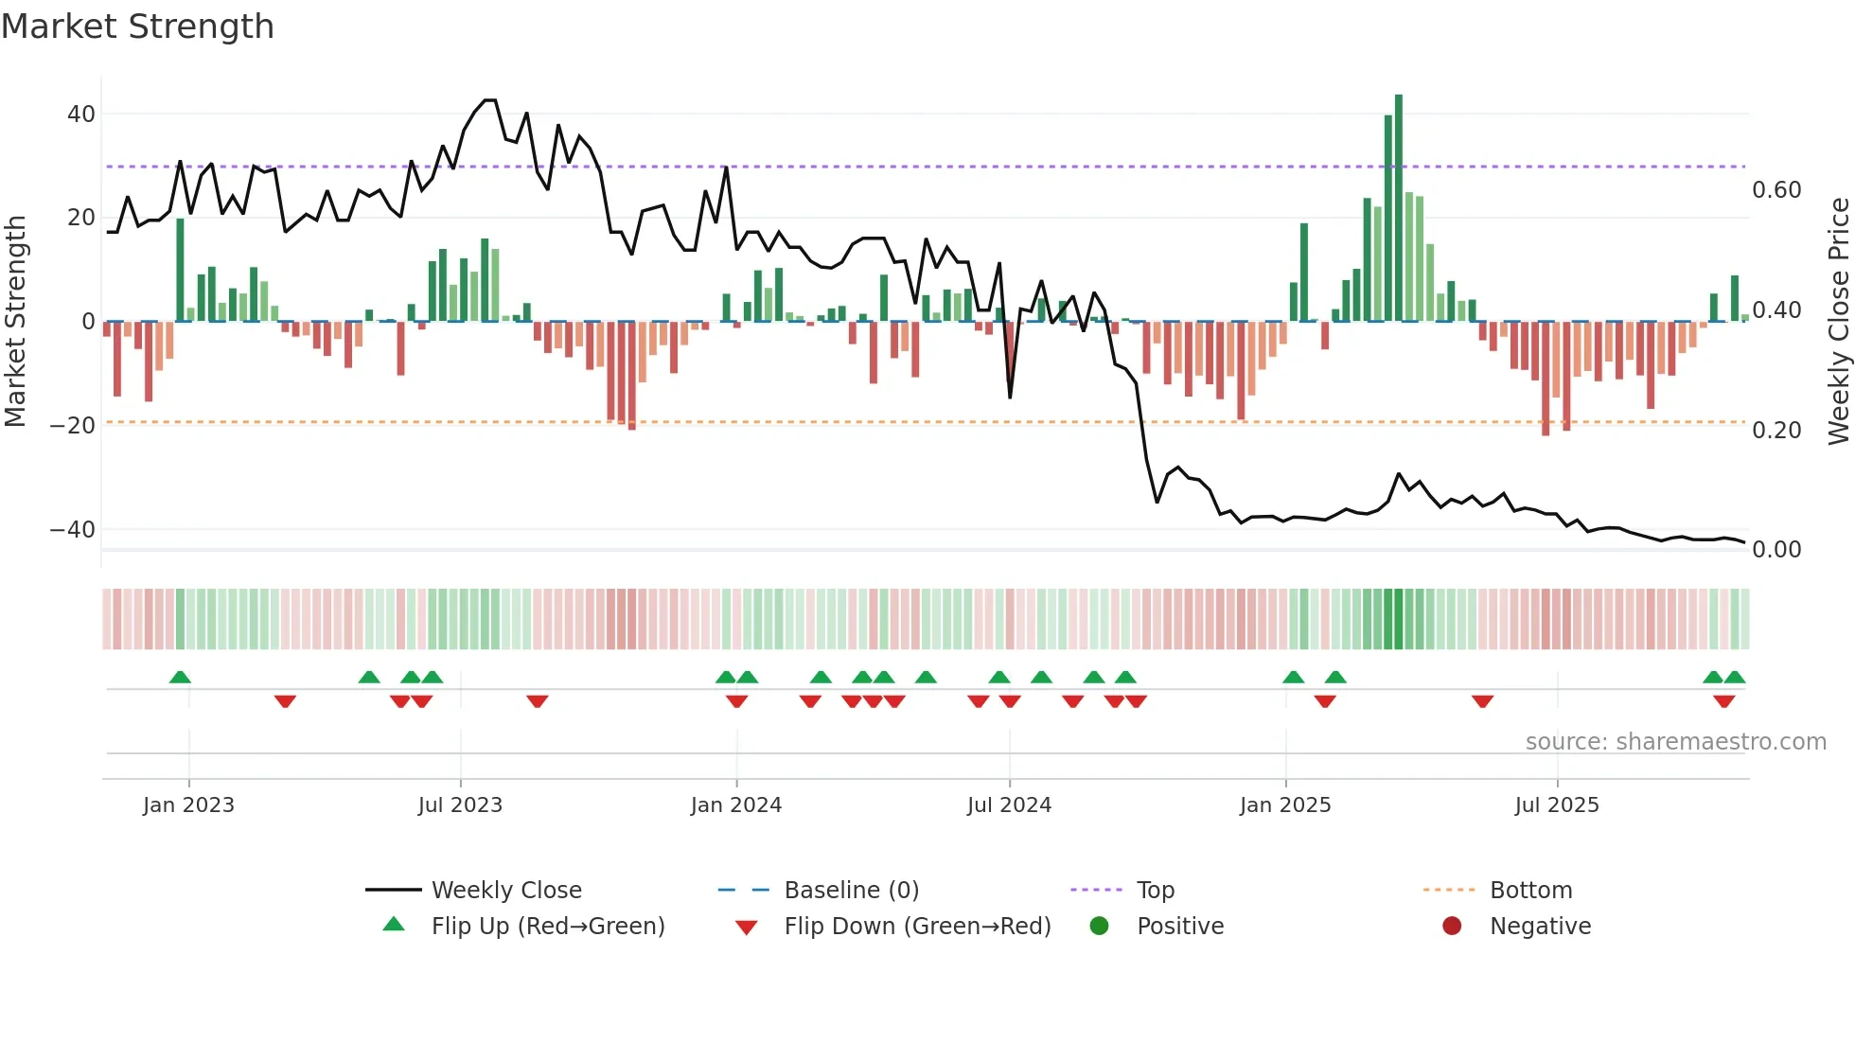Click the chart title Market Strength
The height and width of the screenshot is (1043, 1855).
pos(137,27)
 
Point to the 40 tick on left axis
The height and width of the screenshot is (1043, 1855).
pos(81,115)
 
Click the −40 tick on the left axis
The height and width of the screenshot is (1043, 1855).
pos(73,530)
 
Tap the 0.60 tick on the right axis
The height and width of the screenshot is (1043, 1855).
pos(1776,190)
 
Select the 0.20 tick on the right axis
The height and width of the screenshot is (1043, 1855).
pos(1776,431)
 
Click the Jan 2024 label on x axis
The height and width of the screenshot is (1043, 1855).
pos(735,805)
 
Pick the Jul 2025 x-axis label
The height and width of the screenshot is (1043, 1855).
pos(1556,805)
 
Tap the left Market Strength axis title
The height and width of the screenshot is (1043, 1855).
pos(16,322)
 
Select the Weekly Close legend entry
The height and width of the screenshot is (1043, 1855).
pos(506,891)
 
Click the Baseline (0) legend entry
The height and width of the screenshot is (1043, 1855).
pos(851,891)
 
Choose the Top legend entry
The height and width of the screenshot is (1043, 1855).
pos(1155,891)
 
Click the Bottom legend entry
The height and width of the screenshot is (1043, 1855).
pos(1530,891)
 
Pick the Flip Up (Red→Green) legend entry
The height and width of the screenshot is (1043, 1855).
pos(547,927)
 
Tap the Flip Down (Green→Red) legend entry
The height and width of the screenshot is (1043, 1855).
pos(917,927)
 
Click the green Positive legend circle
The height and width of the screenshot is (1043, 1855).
pos(1099,927)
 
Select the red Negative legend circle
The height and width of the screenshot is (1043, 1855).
pos(1452,927)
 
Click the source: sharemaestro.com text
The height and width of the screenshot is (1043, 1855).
pos(1675,742)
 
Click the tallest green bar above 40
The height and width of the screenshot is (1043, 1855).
pos(1399,208)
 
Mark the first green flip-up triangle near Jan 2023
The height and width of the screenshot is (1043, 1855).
pos(180,677)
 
